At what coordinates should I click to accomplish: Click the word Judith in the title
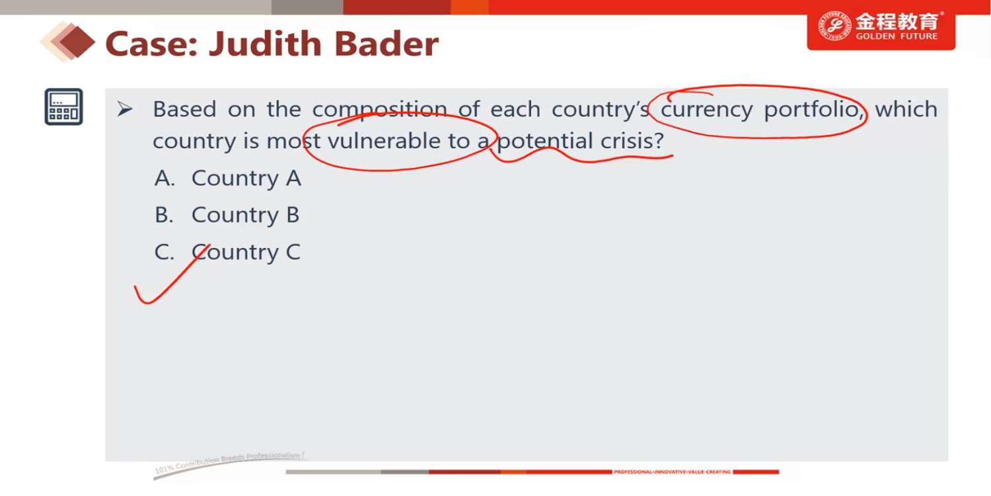265,44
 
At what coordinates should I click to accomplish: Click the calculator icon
63,106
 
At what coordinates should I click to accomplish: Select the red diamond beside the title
77,42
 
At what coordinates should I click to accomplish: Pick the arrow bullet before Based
125,108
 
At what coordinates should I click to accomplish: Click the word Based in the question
184,109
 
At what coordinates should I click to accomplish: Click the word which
906,109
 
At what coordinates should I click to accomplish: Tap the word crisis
633,142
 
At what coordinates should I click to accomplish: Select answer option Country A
227,179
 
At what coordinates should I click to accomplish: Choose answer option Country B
227,215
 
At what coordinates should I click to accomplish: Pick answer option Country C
227,253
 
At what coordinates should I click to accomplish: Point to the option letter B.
163,215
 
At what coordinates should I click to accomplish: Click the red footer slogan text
672,472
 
